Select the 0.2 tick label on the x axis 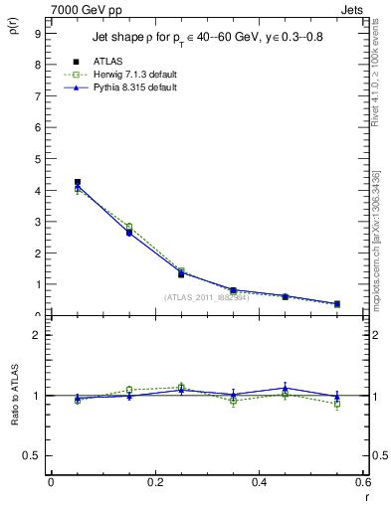(x=154, y=482)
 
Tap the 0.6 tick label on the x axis (x=363, y=482)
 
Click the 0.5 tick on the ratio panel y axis (x=32, y=455)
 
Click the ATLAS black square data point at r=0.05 (x=77, y=182)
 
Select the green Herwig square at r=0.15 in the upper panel (x=128, y=227)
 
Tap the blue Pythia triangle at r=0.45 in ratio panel (x=286, y=389)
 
